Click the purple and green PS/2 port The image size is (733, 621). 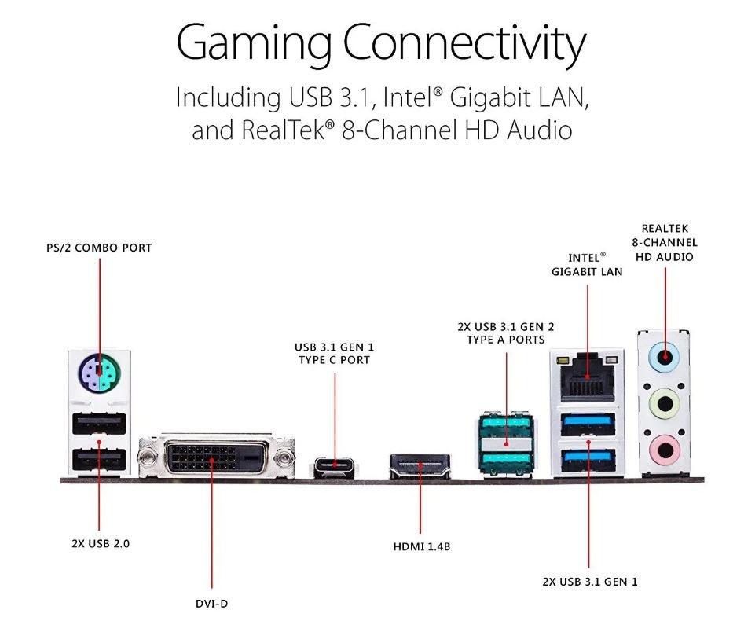coord(100,373)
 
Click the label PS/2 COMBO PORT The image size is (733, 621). coord(99,248)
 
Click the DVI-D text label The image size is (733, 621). coord(211,603)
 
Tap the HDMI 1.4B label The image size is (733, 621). coord(420,545)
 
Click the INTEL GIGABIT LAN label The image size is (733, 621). coord(587,265)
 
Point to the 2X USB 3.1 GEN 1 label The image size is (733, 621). coord(590,582)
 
